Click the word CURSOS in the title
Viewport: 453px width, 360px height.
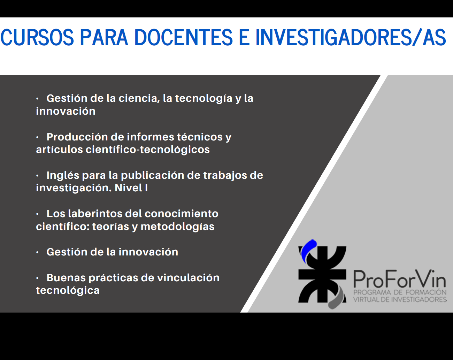click(37, 38)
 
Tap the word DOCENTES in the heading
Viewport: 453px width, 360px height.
click(183, 38)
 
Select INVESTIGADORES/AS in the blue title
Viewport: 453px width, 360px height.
click(351, 38)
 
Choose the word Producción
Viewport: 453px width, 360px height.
click(77, 137)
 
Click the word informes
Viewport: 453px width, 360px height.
click(151, 137)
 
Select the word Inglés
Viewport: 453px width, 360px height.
click(63, 176)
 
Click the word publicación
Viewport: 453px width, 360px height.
click(152, 176)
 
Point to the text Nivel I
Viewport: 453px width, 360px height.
click(131, 188)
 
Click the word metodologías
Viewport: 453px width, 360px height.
click(177, 227)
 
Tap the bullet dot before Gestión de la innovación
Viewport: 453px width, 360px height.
click(38, 252)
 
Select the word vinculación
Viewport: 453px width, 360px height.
click(188, 278)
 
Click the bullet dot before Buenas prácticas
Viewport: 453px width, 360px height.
click(38, 278)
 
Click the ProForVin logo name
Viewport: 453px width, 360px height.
click(400, 279)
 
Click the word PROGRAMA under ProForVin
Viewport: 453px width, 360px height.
click(372, 292)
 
